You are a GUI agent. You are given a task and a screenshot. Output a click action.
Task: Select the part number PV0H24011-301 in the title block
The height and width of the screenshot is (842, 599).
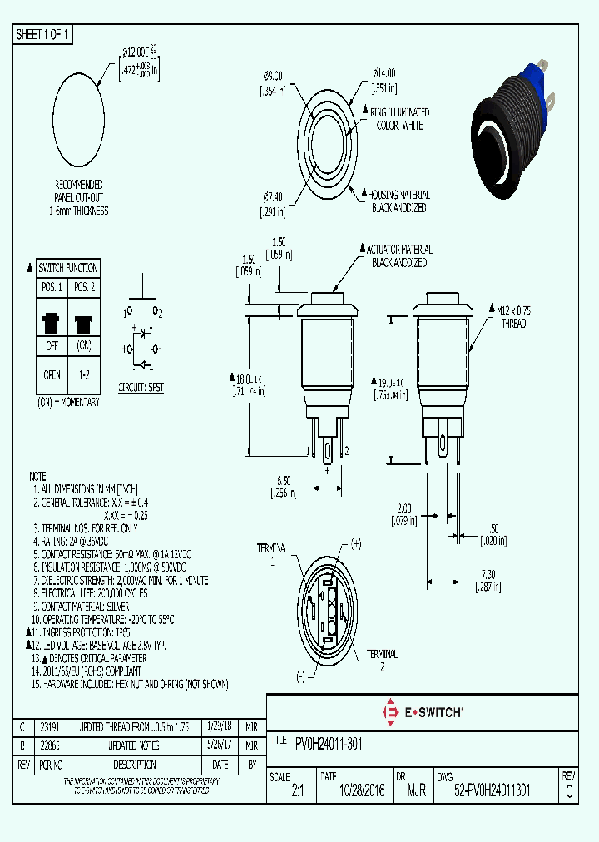(x=329, y=743)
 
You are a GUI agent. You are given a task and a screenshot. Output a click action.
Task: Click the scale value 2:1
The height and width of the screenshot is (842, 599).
(x=298, y=792)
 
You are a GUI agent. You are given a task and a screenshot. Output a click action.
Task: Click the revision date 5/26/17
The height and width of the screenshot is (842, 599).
(x=220, y=745)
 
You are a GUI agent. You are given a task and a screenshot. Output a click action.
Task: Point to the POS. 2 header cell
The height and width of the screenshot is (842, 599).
(x=83, y=287)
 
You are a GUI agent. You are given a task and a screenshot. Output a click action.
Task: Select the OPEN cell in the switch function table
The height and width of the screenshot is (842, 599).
(x=52, y=375)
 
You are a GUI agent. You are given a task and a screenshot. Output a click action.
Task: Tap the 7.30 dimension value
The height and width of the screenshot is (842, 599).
(x=488, y=574)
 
